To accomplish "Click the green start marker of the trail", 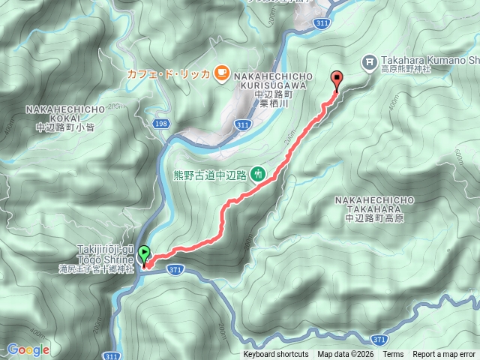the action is point(144,255).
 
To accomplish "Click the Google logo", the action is point(28,349).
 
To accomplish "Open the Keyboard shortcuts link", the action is point(275,355).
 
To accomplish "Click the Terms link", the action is point(392,355).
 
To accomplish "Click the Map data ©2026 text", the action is point(345,355).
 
